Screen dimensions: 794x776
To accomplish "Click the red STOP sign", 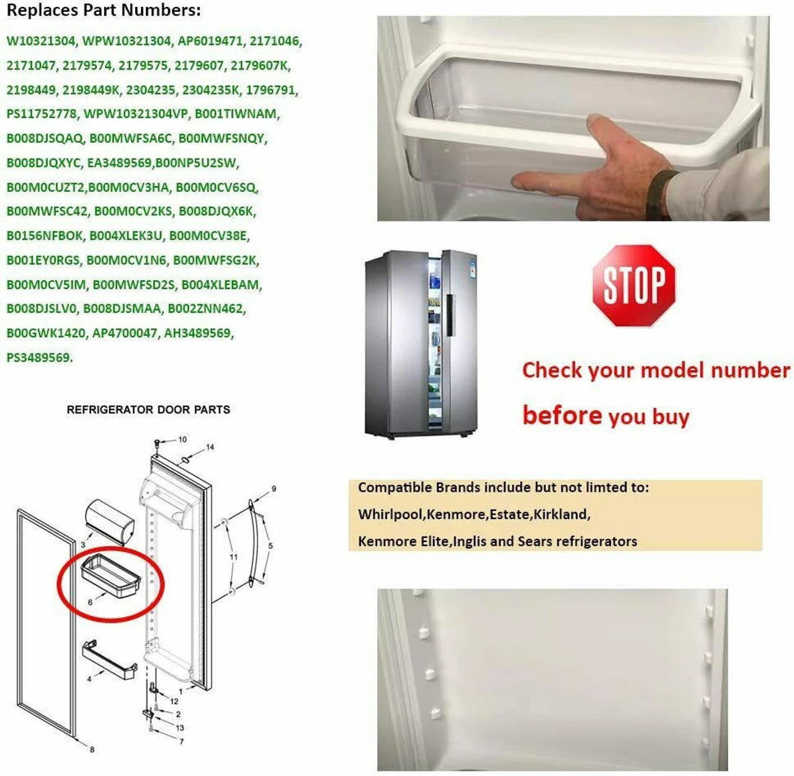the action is (634, 286).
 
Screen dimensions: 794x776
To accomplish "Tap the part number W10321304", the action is (41, 41).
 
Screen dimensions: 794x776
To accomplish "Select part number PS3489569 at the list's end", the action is (39, 358).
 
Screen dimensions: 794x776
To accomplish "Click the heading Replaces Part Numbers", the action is (104, 10).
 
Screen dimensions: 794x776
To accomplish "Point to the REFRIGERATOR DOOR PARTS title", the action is (148, 410).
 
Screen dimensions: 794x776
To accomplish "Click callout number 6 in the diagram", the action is (90, 602).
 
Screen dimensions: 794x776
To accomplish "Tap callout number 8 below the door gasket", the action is (92, 749).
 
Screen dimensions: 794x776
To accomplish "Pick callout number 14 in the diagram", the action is (210, 447).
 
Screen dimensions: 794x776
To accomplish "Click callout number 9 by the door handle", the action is (274, 489).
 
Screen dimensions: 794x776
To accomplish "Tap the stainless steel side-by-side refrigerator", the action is (421, 345).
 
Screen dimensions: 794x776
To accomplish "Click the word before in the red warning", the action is (562, 415).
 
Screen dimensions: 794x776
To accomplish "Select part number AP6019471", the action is (210, 41).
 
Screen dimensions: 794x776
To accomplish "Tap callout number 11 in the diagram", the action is (233, 557).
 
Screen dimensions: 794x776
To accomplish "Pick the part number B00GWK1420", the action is (46, 333).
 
